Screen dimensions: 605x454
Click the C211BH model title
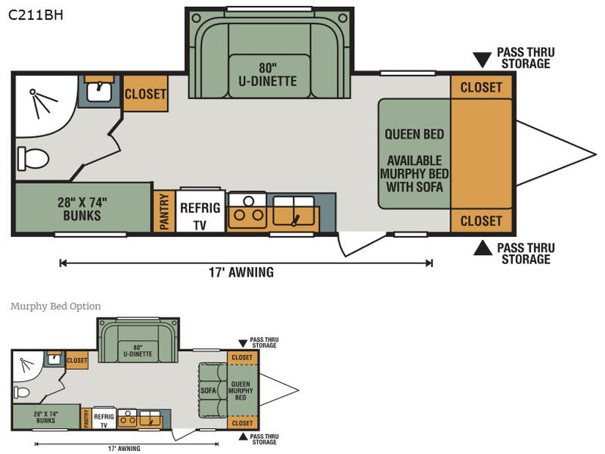(36, 14)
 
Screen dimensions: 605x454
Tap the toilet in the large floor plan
(33, 158)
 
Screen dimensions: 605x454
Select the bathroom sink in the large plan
(99, 92)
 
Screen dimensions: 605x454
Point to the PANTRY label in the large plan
(164, 212)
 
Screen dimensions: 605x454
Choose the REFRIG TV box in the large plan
(200, 211)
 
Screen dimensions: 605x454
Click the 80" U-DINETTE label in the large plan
(268, 74)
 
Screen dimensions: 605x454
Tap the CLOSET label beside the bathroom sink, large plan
(145, 94)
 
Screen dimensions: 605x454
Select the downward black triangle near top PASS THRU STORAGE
(482, 59)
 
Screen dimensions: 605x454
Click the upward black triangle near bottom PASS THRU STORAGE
(482, 248)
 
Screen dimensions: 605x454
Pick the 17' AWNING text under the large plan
(241, 272)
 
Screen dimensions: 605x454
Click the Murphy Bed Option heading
(55, 306)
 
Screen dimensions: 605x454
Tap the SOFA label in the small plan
(208, 390)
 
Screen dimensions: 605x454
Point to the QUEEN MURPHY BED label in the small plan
(240, 390)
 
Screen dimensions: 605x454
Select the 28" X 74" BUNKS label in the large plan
(82, 209)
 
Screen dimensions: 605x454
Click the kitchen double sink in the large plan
(293, 211)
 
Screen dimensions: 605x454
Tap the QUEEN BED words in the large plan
(414, 135)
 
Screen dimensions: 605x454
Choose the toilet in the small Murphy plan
(22, 392)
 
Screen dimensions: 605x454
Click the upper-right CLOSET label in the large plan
(481, 88)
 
